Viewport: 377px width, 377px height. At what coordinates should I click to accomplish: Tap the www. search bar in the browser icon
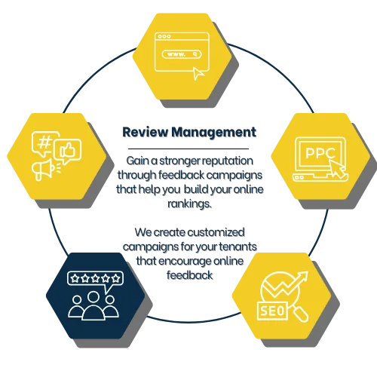pyautogui.click(x=182, y=54)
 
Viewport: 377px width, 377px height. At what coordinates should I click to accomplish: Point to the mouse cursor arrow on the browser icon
pyautogui.click(x=198, y=73)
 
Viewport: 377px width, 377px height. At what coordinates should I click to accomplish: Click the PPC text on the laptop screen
pyautogui.click(x=320, y=153)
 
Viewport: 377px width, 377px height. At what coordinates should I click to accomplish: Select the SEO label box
pyautogui.click(x=272, y=311)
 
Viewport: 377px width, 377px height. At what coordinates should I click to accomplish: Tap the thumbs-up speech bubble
pyautogui.click(x=68, y=152)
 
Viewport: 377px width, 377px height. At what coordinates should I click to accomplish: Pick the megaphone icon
pyautogui.click(x=44, y=170)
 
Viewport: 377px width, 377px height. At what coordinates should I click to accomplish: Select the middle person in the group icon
pyautogui.click(x=93, y=306)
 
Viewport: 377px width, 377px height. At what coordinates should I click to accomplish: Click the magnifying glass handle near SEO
pyautogui.click(x=301, y=314)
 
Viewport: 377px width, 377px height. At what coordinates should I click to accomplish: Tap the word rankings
pyautogui.click(x=189, y=204)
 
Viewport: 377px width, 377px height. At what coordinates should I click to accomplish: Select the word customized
pyautogui.click(x=216, y=232)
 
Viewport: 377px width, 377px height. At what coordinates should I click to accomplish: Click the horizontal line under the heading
pyautogui.click(x=188, y=149)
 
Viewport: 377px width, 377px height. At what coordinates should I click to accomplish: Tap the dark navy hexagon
pyautogui.click(x=96, y=296)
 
